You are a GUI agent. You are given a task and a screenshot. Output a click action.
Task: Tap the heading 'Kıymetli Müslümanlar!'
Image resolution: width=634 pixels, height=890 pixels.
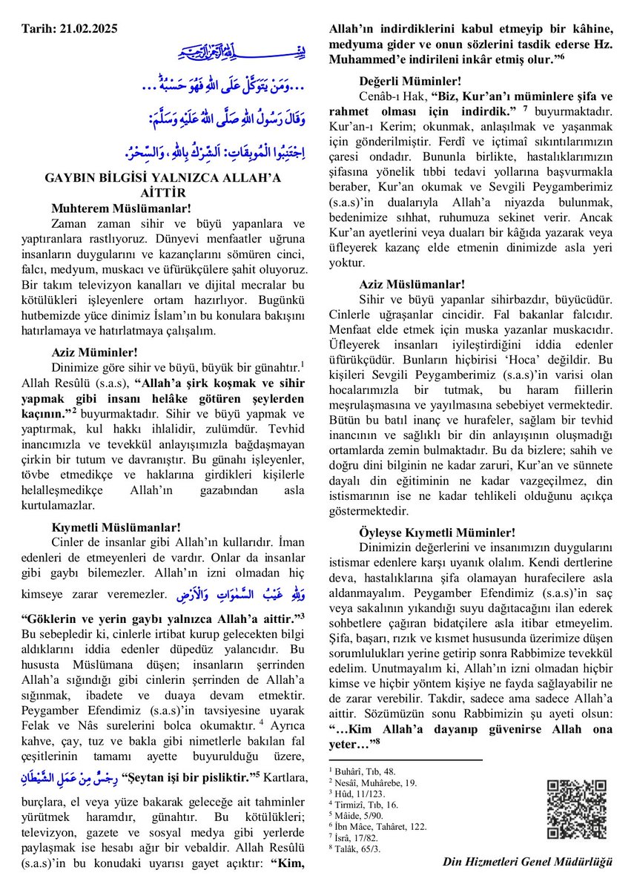[x=116, y=528]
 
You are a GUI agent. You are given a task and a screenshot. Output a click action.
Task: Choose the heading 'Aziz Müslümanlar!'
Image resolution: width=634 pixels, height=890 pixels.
[x=412, y=284]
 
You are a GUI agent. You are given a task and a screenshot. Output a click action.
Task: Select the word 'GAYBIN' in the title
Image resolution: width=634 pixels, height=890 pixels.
[x=73, y=178]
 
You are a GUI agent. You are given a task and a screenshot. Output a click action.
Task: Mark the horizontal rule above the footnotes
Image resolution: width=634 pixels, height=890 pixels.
[x=405, y=759]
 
